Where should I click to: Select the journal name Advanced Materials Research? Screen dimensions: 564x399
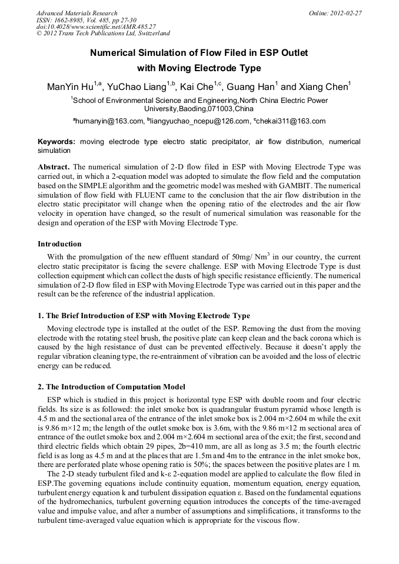77,13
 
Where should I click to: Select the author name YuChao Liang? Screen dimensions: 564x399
138,88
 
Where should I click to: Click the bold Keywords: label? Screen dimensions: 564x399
56,142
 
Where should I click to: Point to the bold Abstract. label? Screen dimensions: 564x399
54,167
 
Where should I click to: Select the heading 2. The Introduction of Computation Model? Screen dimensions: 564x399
111,386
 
